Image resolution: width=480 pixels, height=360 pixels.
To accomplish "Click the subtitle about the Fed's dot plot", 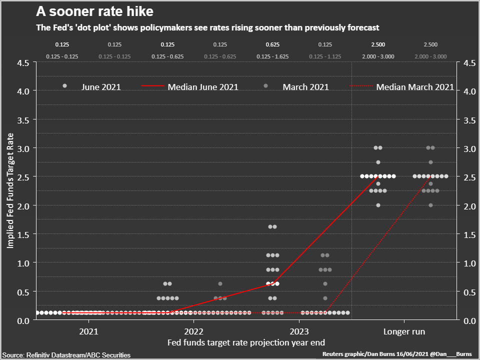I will [207, 27].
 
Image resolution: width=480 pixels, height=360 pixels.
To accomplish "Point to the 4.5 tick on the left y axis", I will [24, 63].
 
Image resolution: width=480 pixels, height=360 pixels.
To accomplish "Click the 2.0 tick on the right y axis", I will [469, 205].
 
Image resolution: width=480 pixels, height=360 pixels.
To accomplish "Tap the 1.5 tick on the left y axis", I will [24, 234].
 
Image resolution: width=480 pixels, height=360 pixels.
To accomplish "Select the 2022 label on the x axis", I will [193, 331].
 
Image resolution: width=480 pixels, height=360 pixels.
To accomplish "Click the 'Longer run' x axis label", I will [404, 331].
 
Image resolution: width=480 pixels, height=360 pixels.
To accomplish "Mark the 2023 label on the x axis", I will [299, 331].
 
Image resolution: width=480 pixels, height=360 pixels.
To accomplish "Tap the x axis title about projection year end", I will [246, 342].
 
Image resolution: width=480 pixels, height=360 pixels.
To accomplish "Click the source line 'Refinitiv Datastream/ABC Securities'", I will [67, 355].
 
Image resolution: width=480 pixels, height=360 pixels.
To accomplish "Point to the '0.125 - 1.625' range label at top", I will [272, 56].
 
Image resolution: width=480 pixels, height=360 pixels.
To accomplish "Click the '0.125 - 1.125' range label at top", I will [325, 56].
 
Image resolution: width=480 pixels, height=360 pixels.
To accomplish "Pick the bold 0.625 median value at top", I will [272, 45].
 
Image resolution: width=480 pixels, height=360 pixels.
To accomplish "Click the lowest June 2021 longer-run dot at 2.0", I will [378, 205].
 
